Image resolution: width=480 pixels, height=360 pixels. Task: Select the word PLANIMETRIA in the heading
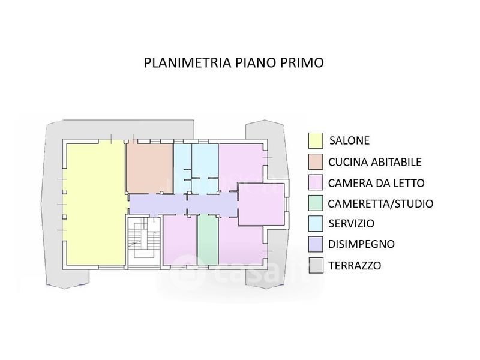click(x=187, y=62)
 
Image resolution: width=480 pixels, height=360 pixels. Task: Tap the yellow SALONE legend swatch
click(x=316, y=140)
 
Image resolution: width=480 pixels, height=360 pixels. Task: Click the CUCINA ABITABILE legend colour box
click(x=316, y=161)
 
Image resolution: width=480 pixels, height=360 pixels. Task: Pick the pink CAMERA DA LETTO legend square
click(x=316, y=182)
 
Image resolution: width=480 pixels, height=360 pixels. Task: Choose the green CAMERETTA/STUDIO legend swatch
click(x=316, y=203)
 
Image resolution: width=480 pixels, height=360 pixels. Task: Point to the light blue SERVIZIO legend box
click(x=316, y=223)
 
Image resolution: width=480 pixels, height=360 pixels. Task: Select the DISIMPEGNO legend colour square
click(x=316, y=244)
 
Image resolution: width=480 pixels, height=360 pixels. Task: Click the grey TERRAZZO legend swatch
click(x=316, y=265)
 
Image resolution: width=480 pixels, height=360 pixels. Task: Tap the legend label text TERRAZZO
click(x=355, y=265)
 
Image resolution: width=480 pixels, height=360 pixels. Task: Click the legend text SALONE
click(x=349, y=140)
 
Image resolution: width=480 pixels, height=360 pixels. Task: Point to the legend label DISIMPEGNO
click(x=361, y=244)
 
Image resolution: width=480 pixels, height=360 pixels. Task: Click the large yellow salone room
click(x=95, y=205)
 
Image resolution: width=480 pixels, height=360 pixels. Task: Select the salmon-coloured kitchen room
click(x=149, y=169)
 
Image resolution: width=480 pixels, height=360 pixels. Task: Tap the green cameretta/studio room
click(x=207, y=239)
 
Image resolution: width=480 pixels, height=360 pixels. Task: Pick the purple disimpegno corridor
click(x=183, y=204)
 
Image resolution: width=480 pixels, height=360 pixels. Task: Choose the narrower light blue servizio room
click(x=182, y=169)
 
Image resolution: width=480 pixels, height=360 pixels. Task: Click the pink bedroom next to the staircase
click(x=179, y=239)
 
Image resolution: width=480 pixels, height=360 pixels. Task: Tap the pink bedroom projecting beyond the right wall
click(x=261, y=204)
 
